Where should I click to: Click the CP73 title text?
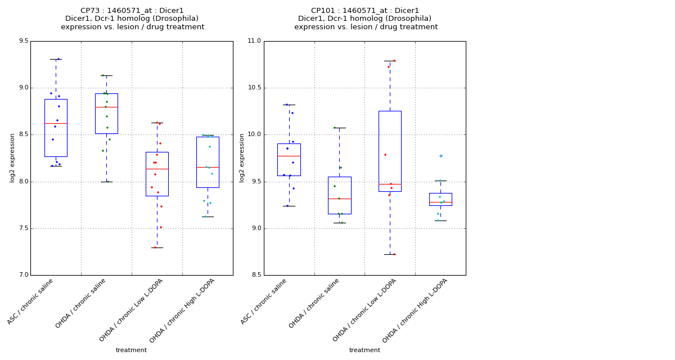(132, 11)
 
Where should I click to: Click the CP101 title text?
(366, 11)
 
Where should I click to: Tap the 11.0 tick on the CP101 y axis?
(255, 41)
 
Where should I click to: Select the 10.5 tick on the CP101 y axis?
(255, 88)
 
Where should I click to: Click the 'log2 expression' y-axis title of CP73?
(12, 158)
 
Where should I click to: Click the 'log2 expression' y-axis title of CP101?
(242, 158)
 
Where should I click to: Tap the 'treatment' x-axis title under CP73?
(131, 350)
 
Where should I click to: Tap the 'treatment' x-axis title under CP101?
(364, 350)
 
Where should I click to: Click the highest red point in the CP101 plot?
(394, 61)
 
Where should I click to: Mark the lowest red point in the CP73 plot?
(155, 247)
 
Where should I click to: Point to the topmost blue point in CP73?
(58, 59)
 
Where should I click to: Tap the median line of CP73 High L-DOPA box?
(208, 167)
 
